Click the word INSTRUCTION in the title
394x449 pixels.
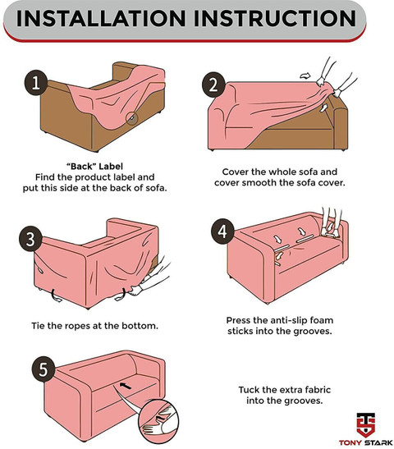point(275,19)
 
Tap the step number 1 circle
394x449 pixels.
point(36,83)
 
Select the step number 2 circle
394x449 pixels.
point(213,85)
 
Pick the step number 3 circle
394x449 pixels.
point(30,240)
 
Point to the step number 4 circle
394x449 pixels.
point(223,231)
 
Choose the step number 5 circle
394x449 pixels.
point(44,369)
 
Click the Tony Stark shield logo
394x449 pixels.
point(365,424)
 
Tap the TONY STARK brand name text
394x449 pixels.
point(365,442)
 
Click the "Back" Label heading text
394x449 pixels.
point(94,167)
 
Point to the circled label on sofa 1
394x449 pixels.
point(132,117)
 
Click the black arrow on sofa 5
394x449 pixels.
point(125,386)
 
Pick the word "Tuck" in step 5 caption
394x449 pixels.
point(249,390)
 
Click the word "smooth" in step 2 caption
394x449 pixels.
point(259,183)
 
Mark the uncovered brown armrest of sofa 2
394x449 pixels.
point(339,123)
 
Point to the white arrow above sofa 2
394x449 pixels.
point(305,76)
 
